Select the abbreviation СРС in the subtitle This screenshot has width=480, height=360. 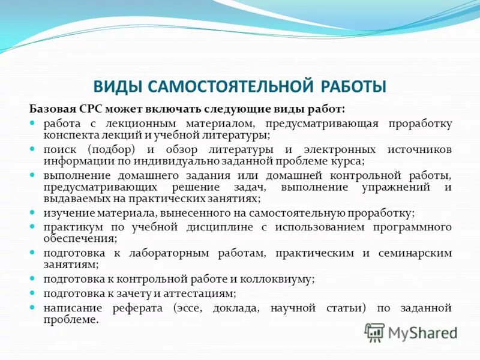(89, 109)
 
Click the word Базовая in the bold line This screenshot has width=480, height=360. (52, 109)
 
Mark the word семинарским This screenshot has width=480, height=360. (415, 253)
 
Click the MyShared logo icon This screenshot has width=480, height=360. (374, 332)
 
